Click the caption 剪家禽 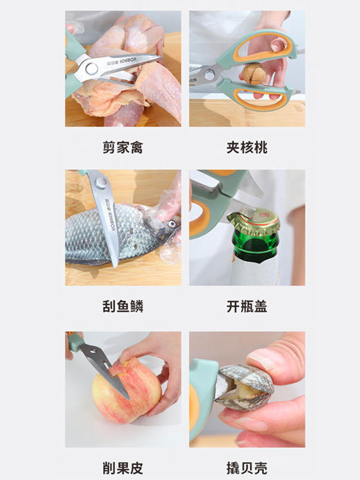pyautogui.click(x=123, y=148)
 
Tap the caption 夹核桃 pyautogui.click(x=246, y=148)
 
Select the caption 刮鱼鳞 pyautogui.click(x=123, y=306)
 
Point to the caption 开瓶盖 pyautogui.click(x=246, y=306)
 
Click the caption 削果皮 pyautogui.click(x=123, y=467)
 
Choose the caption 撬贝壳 pyautogui.click(x=246, y=467)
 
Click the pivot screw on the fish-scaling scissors pyautogui.click(x=101, y=182)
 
